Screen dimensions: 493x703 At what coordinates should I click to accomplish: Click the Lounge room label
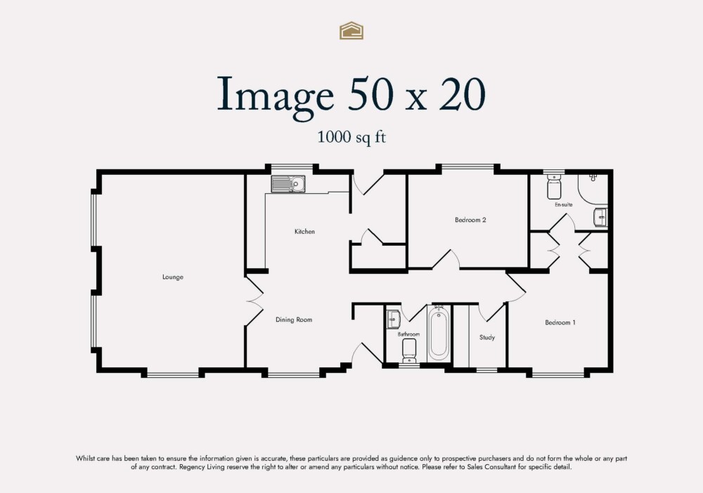tap(172, 277)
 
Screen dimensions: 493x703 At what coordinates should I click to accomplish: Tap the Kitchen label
tap(304, 232)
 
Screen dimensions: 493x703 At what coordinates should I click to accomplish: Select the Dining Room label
tap(293, 320)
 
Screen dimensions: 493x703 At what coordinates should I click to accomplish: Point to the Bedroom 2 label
tap(470, 221)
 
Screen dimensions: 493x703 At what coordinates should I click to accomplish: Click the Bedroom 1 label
tap(560, 323)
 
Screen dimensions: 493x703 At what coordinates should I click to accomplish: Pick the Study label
tap(487, 338)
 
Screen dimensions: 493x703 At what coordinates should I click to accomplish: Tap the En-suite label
tap(563, 205)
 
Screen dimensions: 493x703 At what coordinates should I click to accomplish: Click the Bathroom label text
tap(408, 334)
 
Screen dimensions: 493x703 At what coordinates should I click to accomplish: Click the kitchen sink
tap(288, 184)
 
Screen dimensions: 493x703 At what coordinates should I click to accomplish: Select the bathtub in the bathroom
tap(439, 333)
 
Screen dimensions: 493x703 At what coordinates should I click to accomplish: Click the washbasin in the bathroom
tap(393, 320)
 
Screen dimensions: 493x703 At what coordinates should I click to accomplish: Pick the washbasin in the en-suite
tap(600, 218)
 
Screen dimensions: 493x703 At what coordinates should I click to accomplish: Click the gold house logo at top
tap(351, 30)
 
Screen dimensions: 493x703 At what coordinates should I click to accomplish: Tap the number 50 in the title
tap(380, 94)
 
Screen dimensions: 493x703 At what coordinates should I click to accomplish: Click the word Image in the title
tap(275, 94)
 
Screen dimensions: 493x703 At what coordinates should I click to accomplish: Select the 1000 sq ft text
tap(351, 138)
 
